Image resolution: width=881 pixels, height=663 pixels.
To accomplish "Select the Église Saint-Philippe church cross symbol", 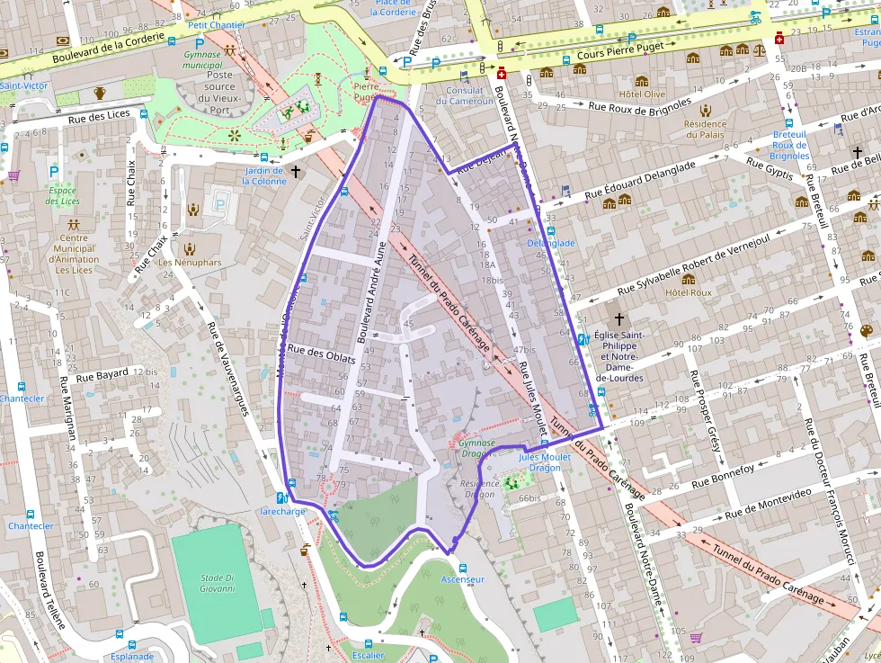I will tap(618, 318).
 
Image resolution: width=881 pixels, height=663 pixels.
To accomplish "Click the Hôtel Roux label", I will tap(688, 292).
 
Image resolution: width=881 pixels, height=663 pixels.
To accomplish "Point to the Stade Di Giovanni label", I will tap(218, 583).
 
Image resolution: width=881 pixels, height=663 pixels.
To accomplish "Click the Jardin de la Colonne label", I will tap(263, 175).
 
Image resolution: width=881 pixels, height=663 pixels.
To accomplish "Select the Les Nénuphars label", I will tap(190, 263).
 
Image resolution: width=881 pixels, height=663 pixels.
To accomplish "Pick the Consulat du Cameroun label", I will tap(466, 95).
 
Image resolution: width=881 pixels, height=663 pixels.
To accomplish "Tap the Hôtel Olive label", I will tap(642, 94).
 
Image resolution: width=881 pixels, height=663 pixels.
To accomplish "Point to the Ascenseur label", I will tap(463, 579).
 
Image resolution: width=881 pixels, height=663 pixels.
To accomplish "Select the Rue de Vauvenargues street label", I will tap(227, 369).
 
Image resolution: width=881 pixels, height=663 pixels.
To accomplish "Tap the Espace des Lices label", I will tap(63, 195).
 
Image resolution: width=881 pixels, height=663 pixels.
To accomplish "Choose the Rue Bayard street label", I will tap(102, 375).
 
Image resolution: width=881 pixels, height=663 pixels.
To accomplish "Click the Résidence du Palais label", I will tap(705, 130).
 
